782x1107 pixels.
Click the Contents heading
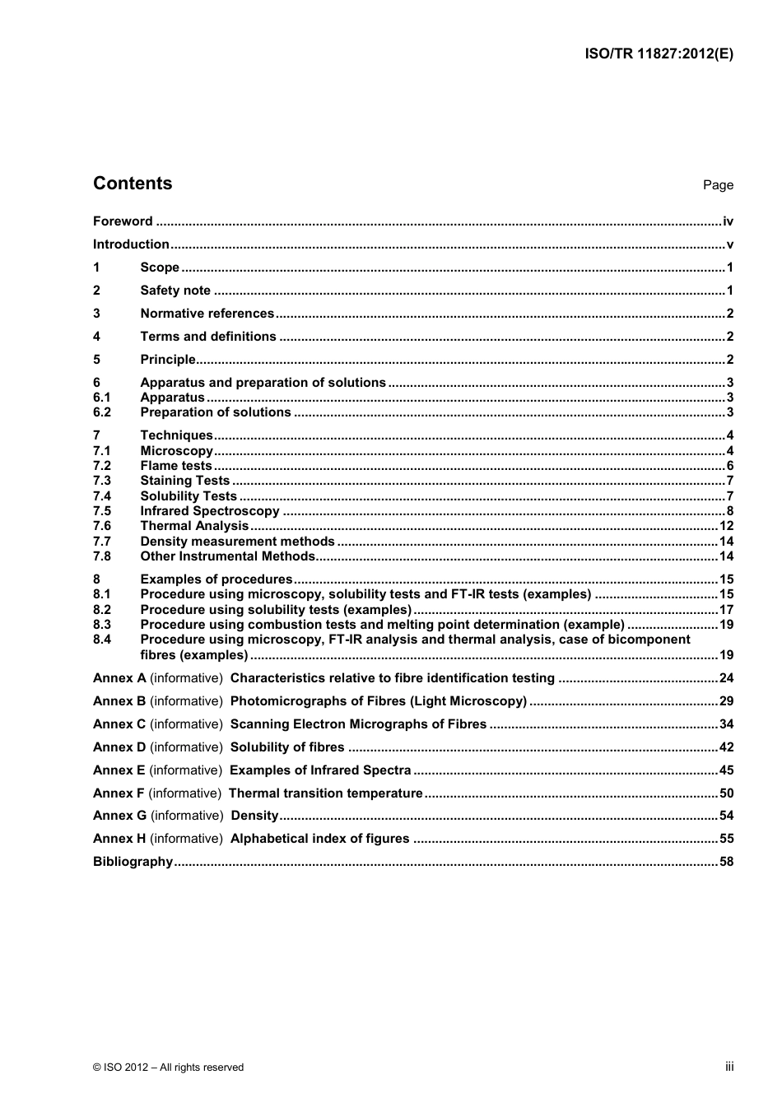(x=133, y=184)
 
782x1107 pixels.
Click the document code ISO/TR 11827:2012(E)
(x=659, y=53)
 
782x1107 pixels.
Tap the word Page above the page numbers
(x=718, y=185)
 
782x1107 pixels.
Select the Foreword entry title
(x=123, y=221)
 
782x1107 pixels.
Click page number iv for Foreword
(x=728, y=221)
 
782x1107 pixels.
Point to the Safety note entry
(x=175, y=291)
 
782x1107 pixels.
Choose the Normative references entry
(x=207, y=314)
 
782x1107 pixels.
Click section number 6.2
(x=102, y=412)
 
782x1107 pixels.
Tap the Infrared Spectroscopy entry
(x=210, y=511)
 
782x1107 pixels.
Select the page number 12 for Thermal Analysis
(x=726, y=526)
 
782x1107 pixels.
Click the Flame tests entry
(x=176, y=466)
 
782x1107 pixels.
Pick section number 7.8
(x=102, y=556)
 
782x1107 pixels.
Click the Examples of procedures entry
(x=216, y=579)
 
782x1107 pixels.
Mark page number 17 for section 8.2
(x=726, y=610)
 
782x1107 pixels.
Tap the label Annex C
(x=119, y=724)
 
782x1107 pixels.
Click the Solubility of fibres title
(x=287, y=747)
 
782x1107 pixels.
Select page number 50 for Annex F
(x=726, y=793)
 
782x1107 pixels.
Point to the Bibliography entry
(x=133, y=862)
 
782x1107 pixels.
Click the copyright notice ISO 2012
(x=169, y=1067)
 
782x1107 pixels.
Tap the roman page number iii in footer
(x=729, y=1067)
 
